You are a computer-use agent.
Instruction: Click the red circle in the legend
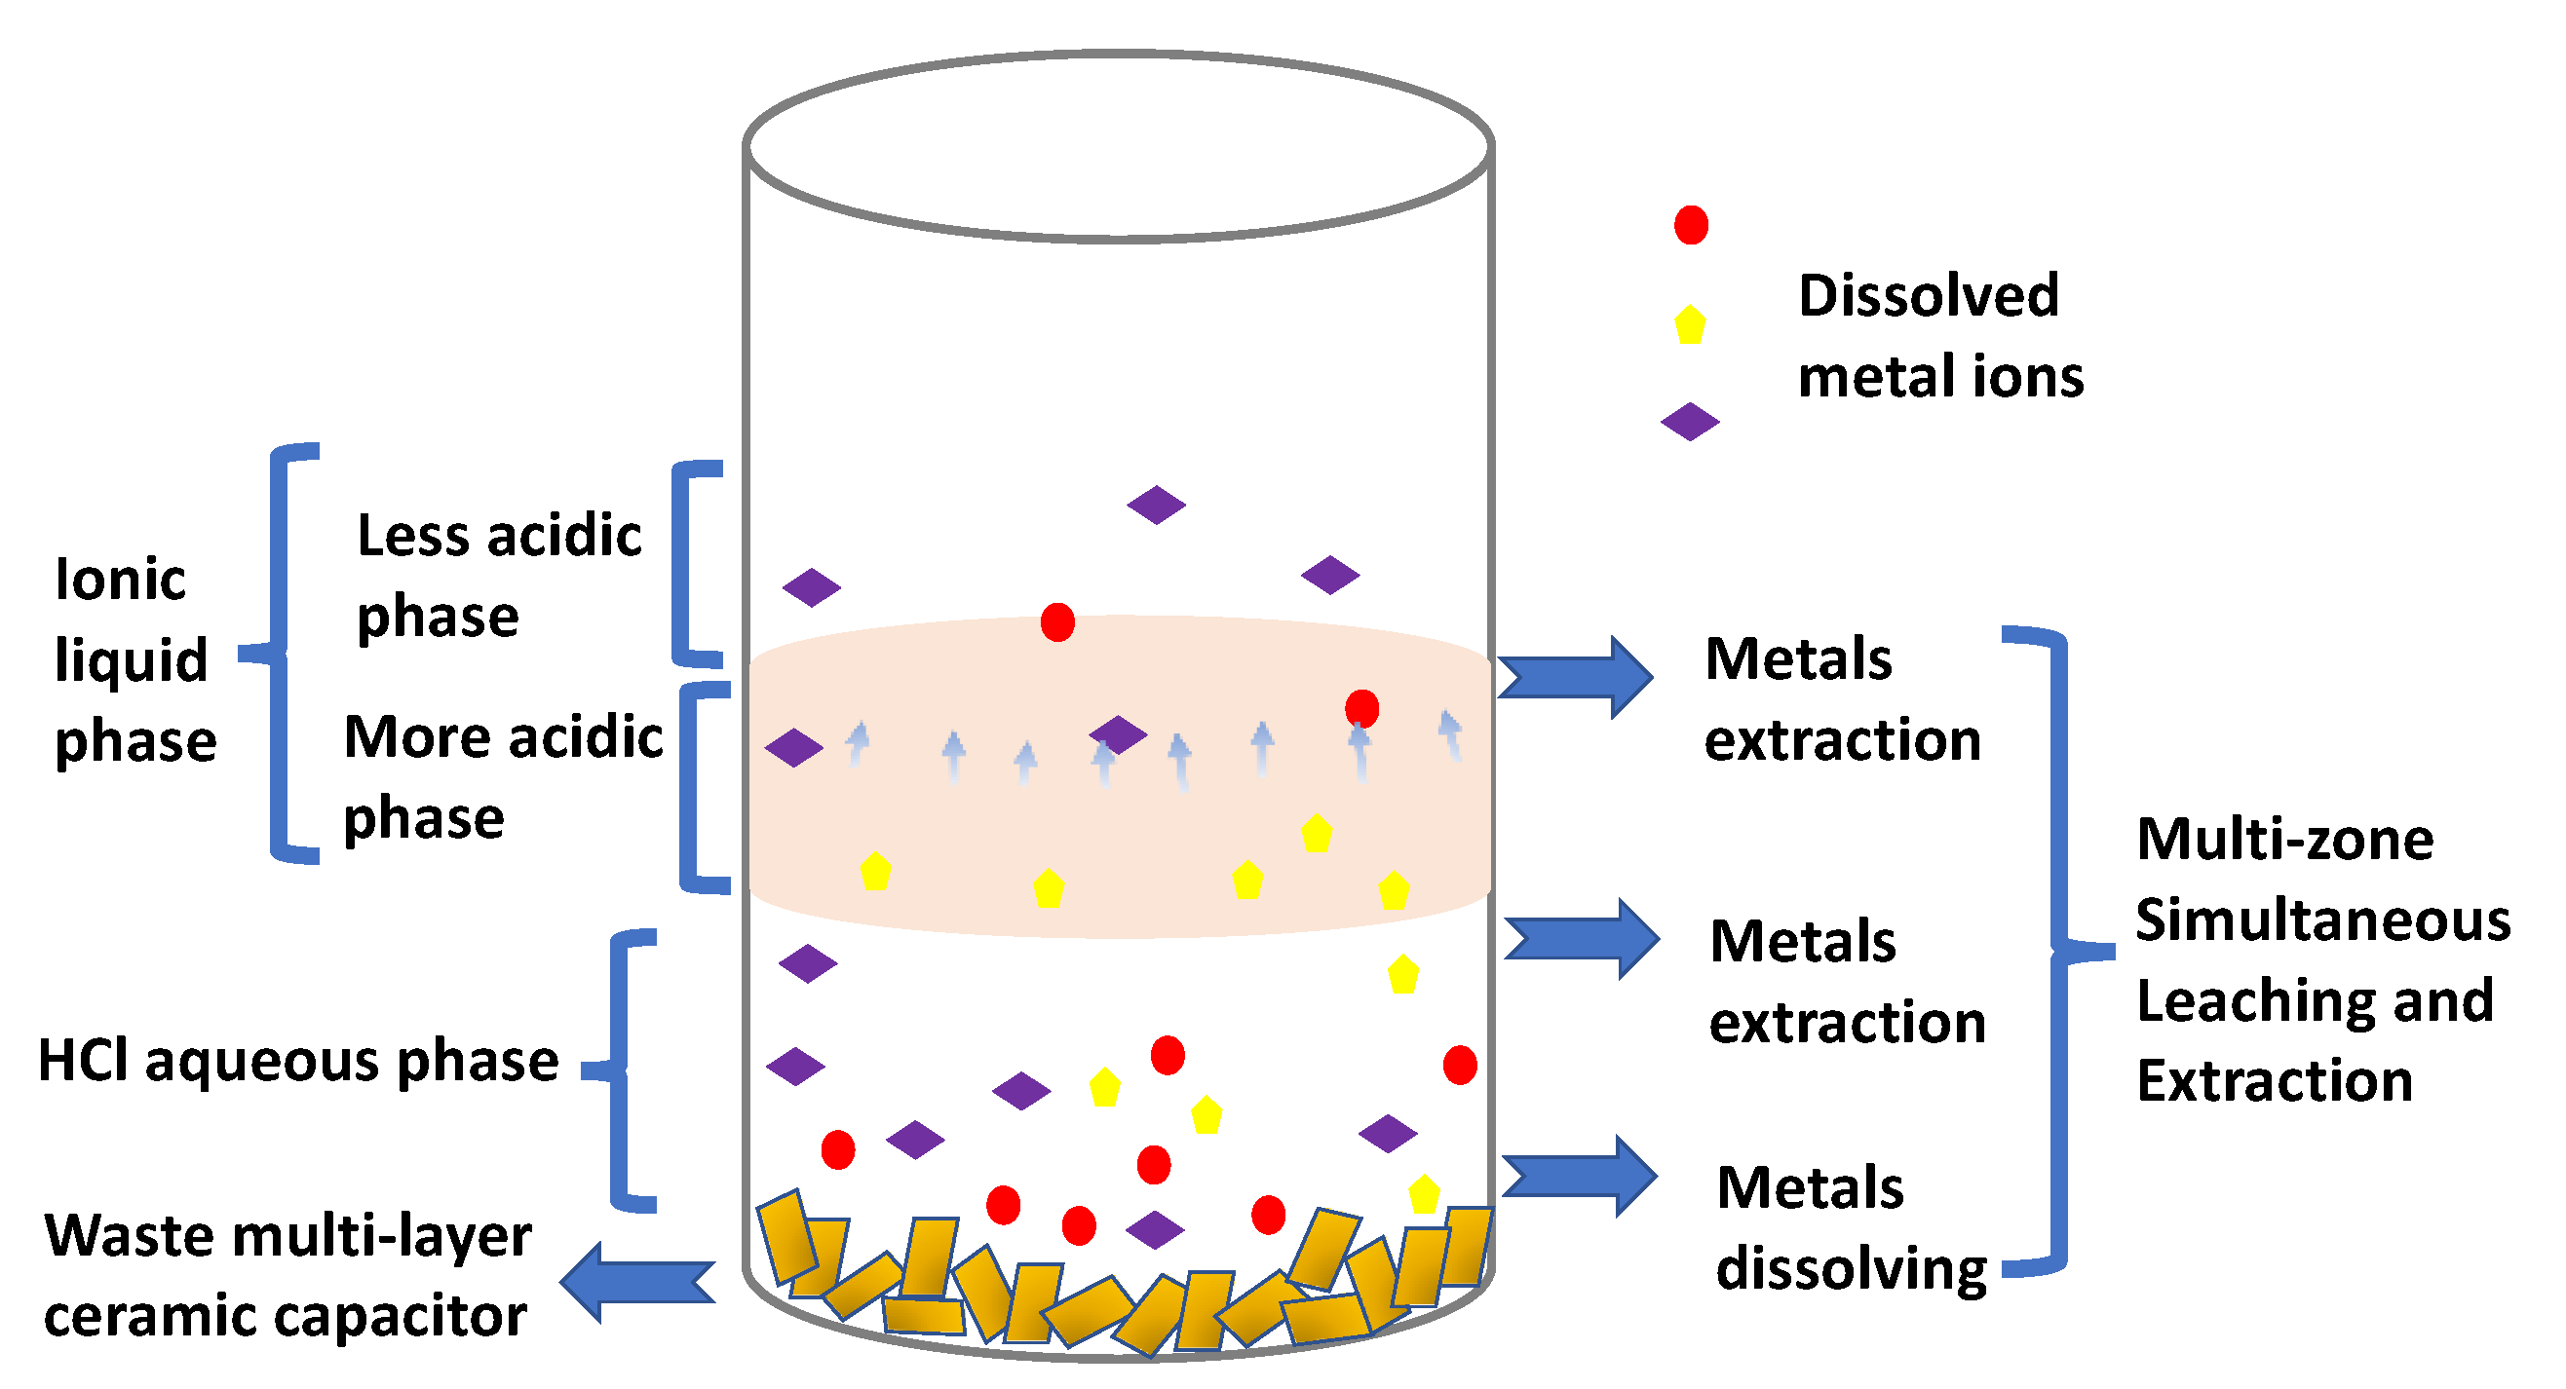1691,225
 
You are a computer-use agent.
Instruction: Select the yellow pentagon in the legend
1690,325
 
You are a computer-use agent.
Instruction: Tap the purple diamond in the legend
1690,421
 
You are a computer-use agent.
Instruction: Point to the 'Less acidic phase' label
498,575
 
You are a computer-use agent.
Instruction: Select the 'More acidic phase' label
502,776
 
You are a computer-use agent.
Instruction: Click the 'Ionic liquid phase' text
134,659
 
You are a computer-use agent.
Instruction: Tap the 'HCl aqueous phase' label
298,1061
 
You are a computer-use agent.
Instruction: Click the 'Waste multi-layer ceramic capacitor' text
287,1275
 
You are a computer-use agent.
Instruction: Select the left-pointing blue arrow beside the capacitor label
637,1283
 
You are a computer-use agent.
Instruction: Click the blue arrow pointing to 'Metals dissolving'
1580,1176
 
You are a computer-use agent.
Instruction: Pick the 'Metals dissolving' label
1850,1227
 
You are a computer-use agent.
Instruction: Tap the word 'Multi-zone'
2284,839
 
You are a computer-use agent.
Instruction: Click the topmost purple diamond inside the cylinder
1156,505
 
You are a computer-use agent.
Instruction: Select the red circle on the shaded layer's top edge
1056,622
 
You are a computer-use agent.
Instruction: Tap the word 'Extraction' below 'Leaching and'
2275,1080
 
